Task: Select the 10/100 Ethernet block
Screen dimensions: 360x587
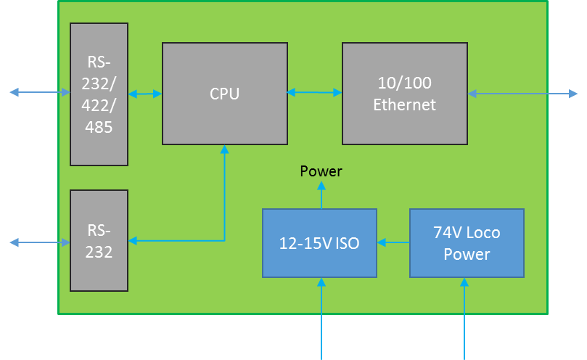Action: pos(404,93)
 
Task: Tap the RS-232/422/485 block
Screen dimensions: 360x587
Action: pos(99,94)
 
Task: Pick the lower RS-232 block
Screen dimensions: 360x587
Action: pos(99,240)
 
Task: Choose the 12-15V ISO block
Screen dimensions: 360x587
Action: pos(319,243)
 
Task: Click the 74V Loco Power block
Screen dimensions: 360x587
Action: pos(467,243)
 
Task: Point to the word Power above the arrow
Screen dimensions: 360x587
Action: pos(321,172)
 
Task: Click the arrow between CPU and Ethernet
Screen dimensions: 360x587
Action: pos(314,92)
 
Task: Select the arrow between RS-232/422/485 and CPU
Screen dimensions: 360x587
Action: pos(144,94)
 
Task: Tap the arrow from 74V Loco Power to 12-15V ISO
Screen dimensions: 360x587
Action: pos(393,243)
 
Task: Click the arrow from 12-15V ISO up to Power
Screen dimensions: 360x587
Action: pos(321,195)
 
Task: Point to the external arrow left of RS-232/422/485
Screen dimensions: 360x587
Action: pos(40,92)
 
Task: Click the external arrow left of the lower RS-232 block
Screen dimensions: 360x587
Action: pos(40,242)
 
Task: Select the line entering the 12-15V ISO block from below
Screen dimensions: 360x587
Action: pos(321,319)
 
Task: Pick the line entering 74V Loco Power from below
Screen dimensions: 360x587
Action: pos(464,319)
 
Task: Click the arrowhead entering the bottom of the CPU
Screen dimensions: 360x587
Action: pos(224,150)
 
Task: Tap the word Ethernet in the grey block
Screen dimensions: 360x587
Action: pos(404,105)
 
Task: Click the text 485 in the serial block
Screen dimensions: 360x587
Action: pos(99,127)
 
